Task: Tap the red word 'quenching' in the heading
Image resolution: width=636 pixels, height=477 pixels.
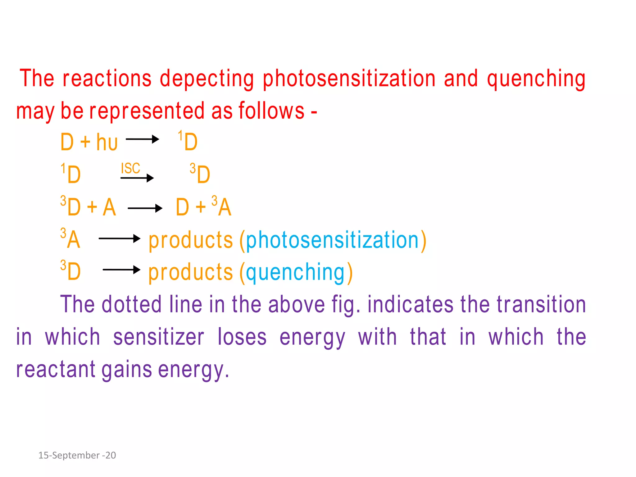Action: coord(536,78)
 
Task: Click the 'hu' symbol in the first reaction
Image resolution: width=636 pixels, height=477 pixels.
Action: coord(107,143)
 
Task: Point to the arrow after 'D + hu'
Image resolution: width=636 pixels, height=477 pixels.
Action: coord(142,139)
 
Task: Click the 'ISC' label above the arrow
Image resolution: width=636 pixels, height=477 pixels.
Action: coord(130,168)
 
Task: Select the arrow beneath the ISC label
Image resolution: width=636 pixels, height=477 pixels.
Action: coord(137,178)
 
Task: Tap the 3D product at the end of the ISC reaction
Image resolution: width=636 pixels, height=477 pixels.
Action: coord(200,174)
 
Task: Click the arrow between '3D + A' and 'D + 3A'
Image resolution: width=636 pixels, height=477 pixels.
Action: coord(145,208)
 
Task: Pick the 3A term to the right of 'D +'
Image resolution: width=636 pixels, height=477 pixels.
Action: coord(222,207)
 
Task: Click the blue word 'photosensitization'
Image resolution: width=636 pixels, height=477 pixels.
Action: coord(332,240)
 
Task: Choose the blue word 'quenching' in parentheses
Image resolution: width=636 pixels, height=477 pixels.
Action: coord(295,272)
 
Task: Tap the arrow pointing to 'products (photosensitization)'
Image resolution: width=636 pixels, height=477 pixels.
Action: coord(119,238)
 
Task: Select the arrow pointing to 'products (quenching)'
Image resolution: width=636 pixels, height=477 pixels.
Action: coord(121,270)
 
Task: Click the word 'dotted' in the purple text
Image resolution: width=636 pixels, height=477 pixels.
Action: coord(131,304)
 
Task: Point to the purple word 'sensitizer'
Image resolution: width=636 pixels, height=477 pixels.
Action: coord(158,337)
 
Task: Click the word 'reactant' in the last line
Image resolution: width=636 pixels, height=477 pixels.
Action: coord(56,370)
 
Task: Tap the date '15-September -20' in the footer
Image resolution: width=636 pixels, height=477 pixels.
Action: coord(77,455)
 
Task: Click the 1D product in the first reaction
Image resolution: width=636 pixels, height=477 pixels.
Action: coord(188,142)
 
